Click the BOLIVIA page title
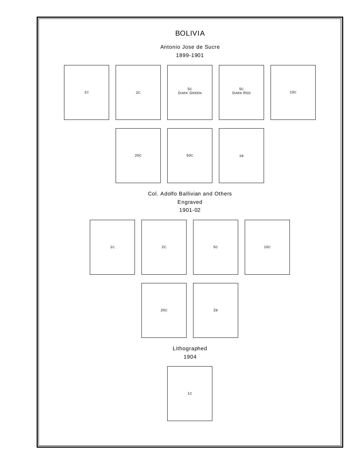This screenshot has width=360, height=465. coord(190,33)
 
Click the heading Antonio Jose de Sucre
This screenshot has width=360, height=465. coord(190,47)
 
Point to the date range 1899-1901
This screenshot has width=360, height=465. coord(190,55)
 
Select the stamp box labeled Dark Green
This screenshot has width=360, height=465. coord(190,92)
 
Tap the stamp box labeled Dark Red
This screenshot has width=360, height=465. coord(241,92)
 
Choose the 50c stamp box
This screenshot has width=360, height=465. coord(190,155)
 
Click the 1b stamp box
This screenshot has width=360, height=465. coord(241,155)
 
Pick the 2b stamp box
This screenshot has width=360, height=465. coord(216,310)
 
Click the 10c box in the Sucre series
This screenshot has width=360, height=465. coord(293,92)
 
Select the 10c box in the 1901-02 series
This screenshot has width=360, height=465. coord(267,247)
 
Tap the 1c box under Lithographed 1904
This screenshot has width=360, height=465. coord(190,393)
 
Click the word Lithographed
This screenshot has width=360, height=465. coord(190,348)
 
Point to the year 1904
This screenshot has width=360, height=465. coord(190,357)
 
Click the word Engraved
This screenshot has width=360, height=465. coord(190,202)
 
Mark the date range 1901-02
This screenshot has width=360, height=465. coord(190,210)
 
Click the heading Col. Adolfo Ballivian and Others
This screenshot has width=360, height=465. coord(190,194)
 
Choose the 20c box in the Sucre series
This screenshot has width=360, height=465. coord(138,155)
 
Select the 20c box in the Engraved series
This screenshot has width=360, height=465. coord(164,310)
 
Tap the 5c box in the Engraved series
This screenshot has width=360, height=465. coord(216,247)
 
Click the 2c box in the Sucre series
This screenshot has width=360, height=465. coord(138,92)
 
